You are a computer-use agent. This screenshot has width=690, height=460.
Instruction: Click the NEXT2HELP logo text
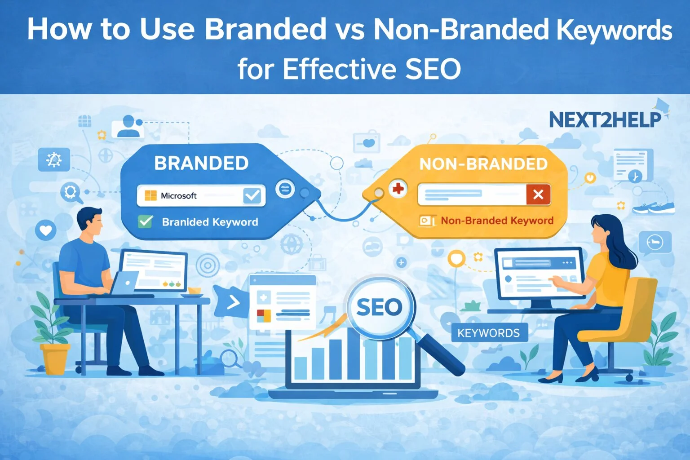click(605, 120)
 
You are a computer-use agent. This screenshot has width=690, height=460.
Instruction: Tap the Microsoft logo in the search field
click(150, 195)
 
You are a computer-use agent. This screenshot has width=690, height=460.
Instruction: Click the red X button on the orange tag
click(538, 195)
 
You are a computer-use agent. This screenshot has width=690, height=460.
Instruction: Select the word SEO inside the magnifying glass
click(379, 307)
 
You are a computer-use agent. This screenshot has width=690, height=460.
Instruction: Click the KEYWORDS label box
click(490, 333)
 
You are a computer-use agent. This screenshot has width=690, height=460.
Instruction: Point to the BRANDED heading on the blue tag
click(201, 163)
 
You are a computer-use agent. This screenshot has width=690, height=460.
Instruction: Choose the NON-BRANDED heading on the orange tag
click(484, 164)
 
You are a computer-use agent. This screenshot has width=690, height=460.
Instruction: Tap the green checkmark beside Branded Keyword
click(146, 221)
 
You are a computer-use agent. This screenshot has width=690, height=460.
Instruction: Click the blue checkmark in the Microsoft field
click(252, 195)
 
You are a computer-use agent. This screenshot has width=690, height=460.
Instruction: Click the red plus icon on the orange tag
click(398, 189)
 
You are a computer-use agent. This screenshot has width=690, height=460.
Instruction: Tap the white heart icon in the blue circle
click(46, 230)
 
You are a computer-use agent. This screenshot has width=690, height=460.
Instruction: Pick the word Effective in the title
click(339, 69)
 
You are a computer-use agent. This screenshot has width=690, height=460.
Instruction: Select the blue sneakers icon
click(654, 208)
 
